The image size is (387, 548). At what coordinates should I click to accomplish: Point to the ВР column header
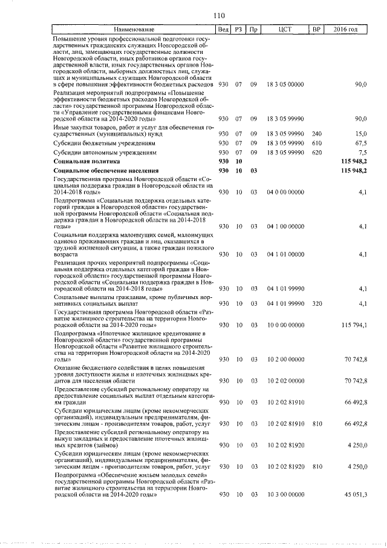pyautogui.click(x=316, y=30)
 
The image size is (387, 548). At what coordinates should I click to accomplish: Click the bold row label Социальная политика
pyautogui.click(x=86, y=162)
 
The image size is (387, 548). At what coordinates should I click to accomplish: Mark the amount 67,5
pyautogui.click(x=360, y=144)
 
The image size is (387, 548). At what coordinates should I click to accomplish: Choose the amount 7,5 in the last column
pyautogui.click(x=362, y=153)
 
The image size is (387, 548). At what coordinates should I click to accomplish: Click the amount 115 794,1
pyautogui.click(x=354, y=325)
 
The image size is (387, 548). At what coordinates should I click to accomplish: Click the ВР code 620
pyautogui.click(x=316, y=153)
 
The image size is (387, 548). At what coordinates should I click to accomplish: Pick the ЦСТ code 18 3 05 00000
pyautogui.click(x=285, y=84)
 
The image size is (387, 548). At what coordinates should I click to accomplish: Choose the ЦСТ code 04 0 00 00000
pyautogui.click(x=285, y=192)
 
